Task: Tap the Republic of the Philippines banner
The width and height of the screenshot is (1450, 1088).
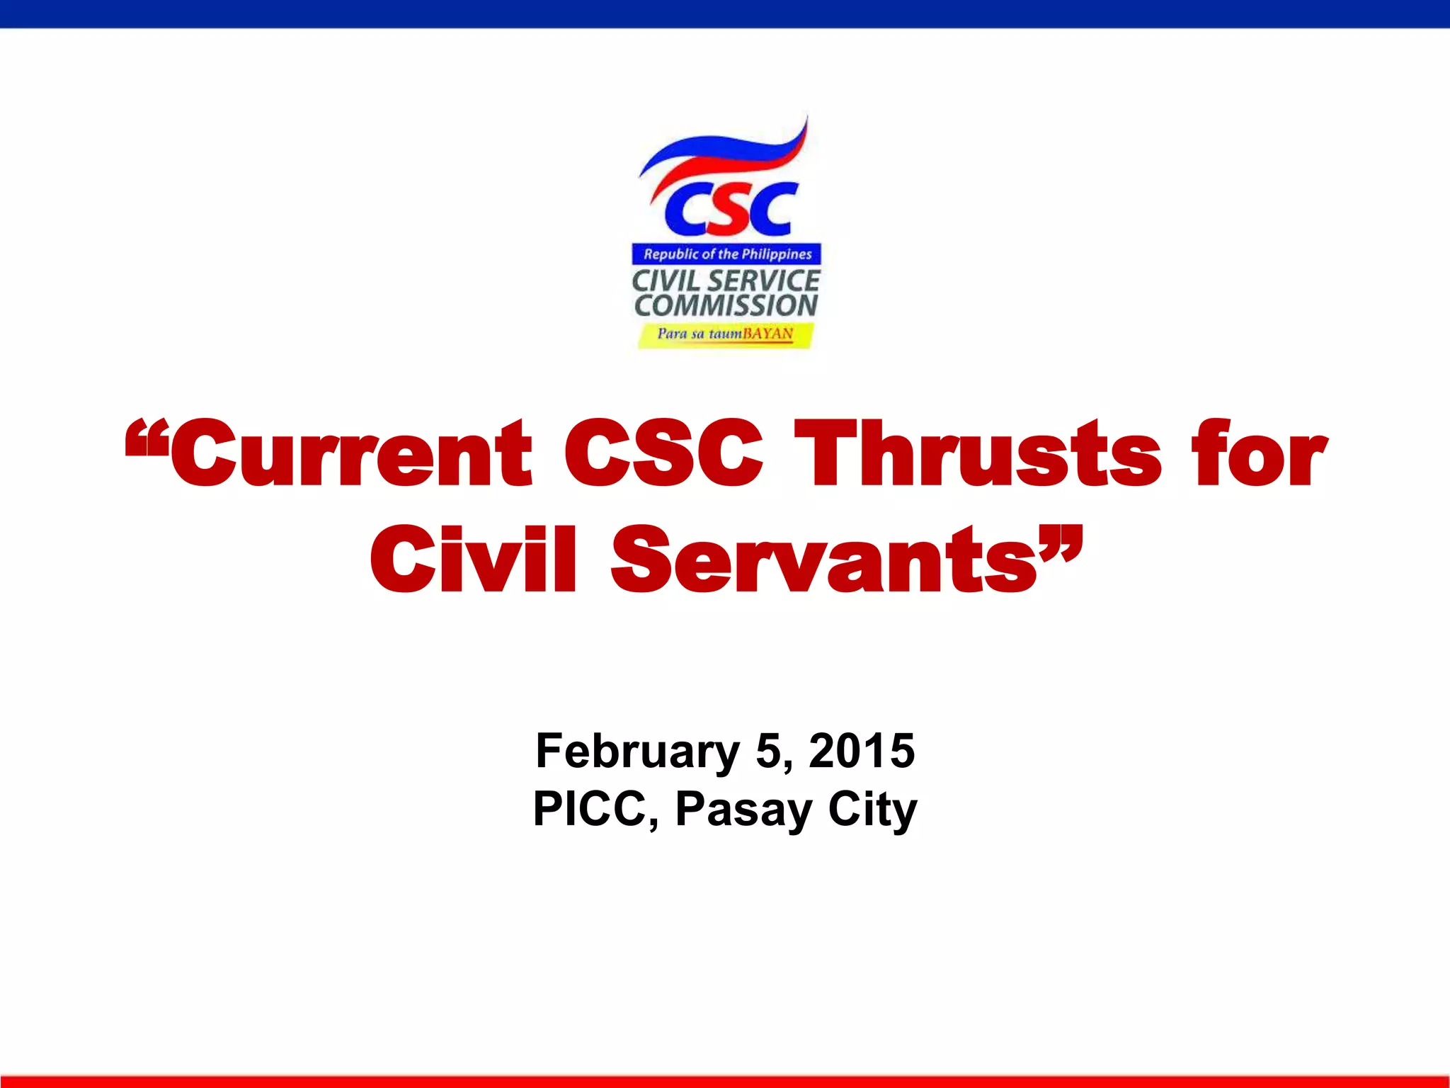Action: coord(727,254)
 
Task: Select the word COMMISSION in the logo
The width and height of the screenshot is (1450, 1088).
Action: coord(726,306)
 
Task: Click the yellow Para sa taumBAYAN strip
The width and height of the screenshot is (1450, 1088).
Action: coord(726,334)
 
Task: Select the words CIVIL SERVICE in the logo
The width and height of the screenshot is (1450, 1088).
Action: coord(726,280)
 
